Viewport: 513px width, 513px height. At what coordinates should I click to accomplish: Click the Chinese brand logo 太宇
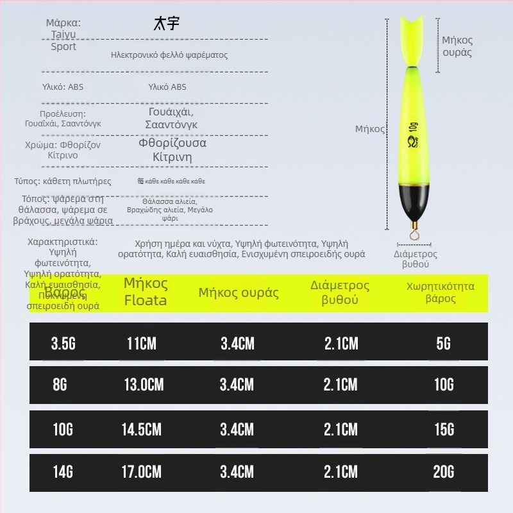pyautogui.click(x=167, y=24)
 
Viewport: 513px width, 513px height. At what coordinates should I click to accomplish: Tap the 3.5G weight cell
pyautogui.click(x=63, y=343)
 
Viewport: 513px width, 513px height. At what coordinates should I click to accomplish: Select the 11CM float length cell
pyautogui.click(x=142, y=343)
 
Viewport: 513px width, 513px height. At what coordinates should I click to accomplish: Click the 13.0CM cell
pyautogui.click(x=144, y=384)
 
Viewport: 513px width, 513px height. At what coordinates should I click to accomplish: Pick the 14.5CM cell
pyautogui.click(x=144, y=429)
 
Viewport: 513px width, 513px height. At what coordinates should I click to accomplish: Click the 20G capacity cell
pyautogui.click(x=444, y=472)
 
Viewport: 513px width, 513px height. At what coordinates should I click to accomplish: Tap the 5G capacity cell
pyautogui.click(x=444, y=343)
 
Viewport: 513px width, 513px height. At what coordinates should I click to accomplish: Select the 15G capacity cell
pyautogui.click(x=444, y=429)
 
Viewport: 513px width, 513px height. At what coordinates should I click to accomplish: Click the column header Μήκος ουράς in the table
pyautogui.click(x=239, y=293)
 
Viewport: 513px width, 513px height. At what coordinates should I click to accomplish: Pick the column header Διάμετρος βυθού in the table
pyautogui.click(x=340, y=292)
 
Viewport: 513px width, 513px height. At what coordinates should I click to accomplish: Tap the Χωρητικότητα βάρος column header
pyautogui.click(x=441, y=292)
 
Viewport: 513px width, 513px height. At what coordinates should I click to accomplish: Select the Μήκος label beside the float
pyautogui.click(x=370, y=129)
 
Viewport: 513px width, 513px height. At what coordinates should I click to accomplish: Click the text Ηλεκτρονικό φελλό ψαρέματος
pyautogui.click(x=169, y=55)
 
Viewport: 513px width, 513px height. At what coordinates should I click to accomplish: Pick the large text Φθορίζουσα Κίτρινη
pyautogui.click(x=172, y=151)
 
